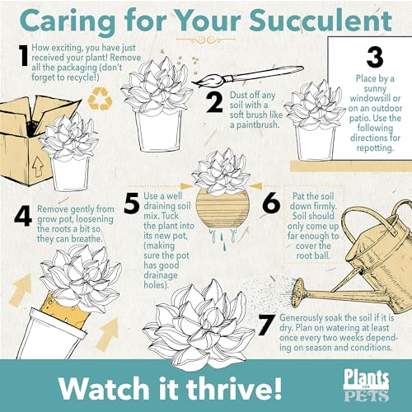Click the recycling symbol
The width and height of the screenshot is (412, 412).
pos(100,98)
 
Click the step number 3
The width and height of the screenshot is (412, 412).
pos(375,58)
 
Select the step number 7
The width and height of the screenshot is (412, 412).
pos(267,325)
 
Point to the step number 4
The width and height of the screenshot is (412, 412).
pos(23,216)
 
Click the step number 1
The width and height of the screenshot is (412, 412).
pos(24,55)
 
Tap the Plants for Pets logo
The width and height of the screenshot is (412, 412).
pos(367,385)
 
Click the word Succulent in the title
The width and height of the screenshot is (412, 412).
pos(321,21)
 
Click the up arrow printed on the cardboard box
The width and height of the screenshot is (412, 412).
pos(38,166)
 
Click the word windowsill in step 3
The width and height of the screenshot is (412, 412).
pos(375,98)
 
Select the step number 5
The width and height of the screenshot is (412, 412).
pos(132,204)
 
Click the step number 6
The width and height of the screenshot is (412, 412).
pos(271,204)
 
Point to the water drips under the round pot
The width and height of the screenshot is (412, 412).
pos(222,239)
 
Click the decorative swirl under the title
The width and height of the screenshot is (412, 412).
pos(206,40)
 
